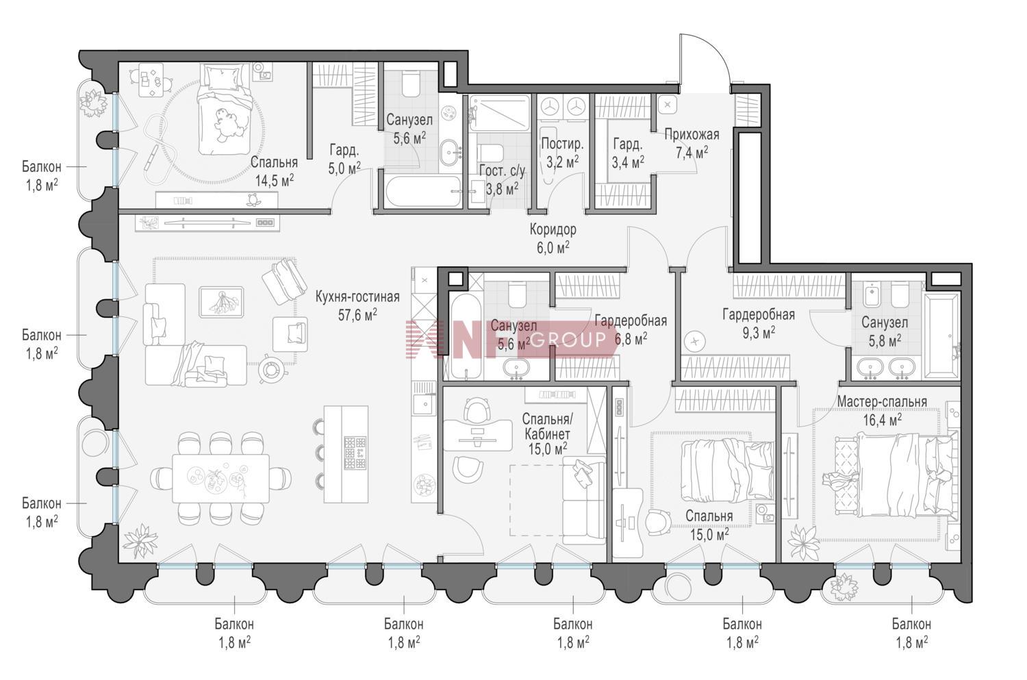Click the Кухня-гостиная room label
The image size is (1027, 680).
pos(357,297)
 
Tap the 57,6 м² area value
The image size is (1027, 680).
pos(357,316)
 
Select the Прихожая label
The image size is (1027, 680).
pos(692,134)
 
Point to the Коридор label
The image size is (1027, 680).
pos(553,229)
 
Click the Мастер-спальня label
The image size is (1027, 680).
pos(882,402)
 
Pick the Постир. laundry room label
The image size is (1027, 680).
pos(563,144)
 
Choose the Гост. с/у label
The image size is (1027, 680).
pos(502,171)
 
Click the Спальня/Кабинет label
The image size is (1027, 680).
pos(548,426)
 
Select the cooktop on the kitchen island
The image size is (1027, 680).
pos(355,453)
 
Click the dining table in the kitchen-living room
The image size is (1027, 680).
pos(221,478)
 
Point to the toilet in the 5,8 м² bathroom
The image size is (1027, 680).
pos(900,294)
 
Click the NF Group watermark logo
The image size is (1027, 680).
pos(511,339)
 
